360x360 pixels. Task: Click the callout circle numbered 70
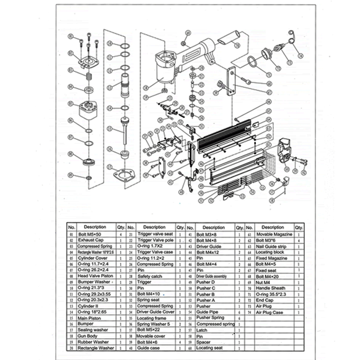[237, 45]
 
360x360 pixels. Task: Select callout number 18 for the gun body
[146, 87]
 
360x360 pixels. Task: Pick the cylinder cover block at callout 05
[88, 108]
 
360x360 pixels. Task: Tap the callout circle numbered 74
[301, 55]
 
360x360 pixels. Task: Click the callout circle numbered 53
[242, 196]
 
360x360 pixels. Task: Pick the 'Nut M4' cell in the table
[263, 282]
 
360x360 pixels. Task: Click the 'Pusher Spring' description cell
[210, 318]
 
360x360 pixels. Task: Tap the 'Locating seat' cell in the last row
[209, 348]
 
